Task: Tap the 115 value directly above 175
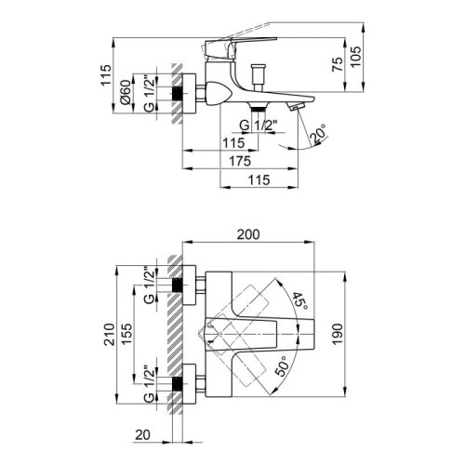click(233, 141)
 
